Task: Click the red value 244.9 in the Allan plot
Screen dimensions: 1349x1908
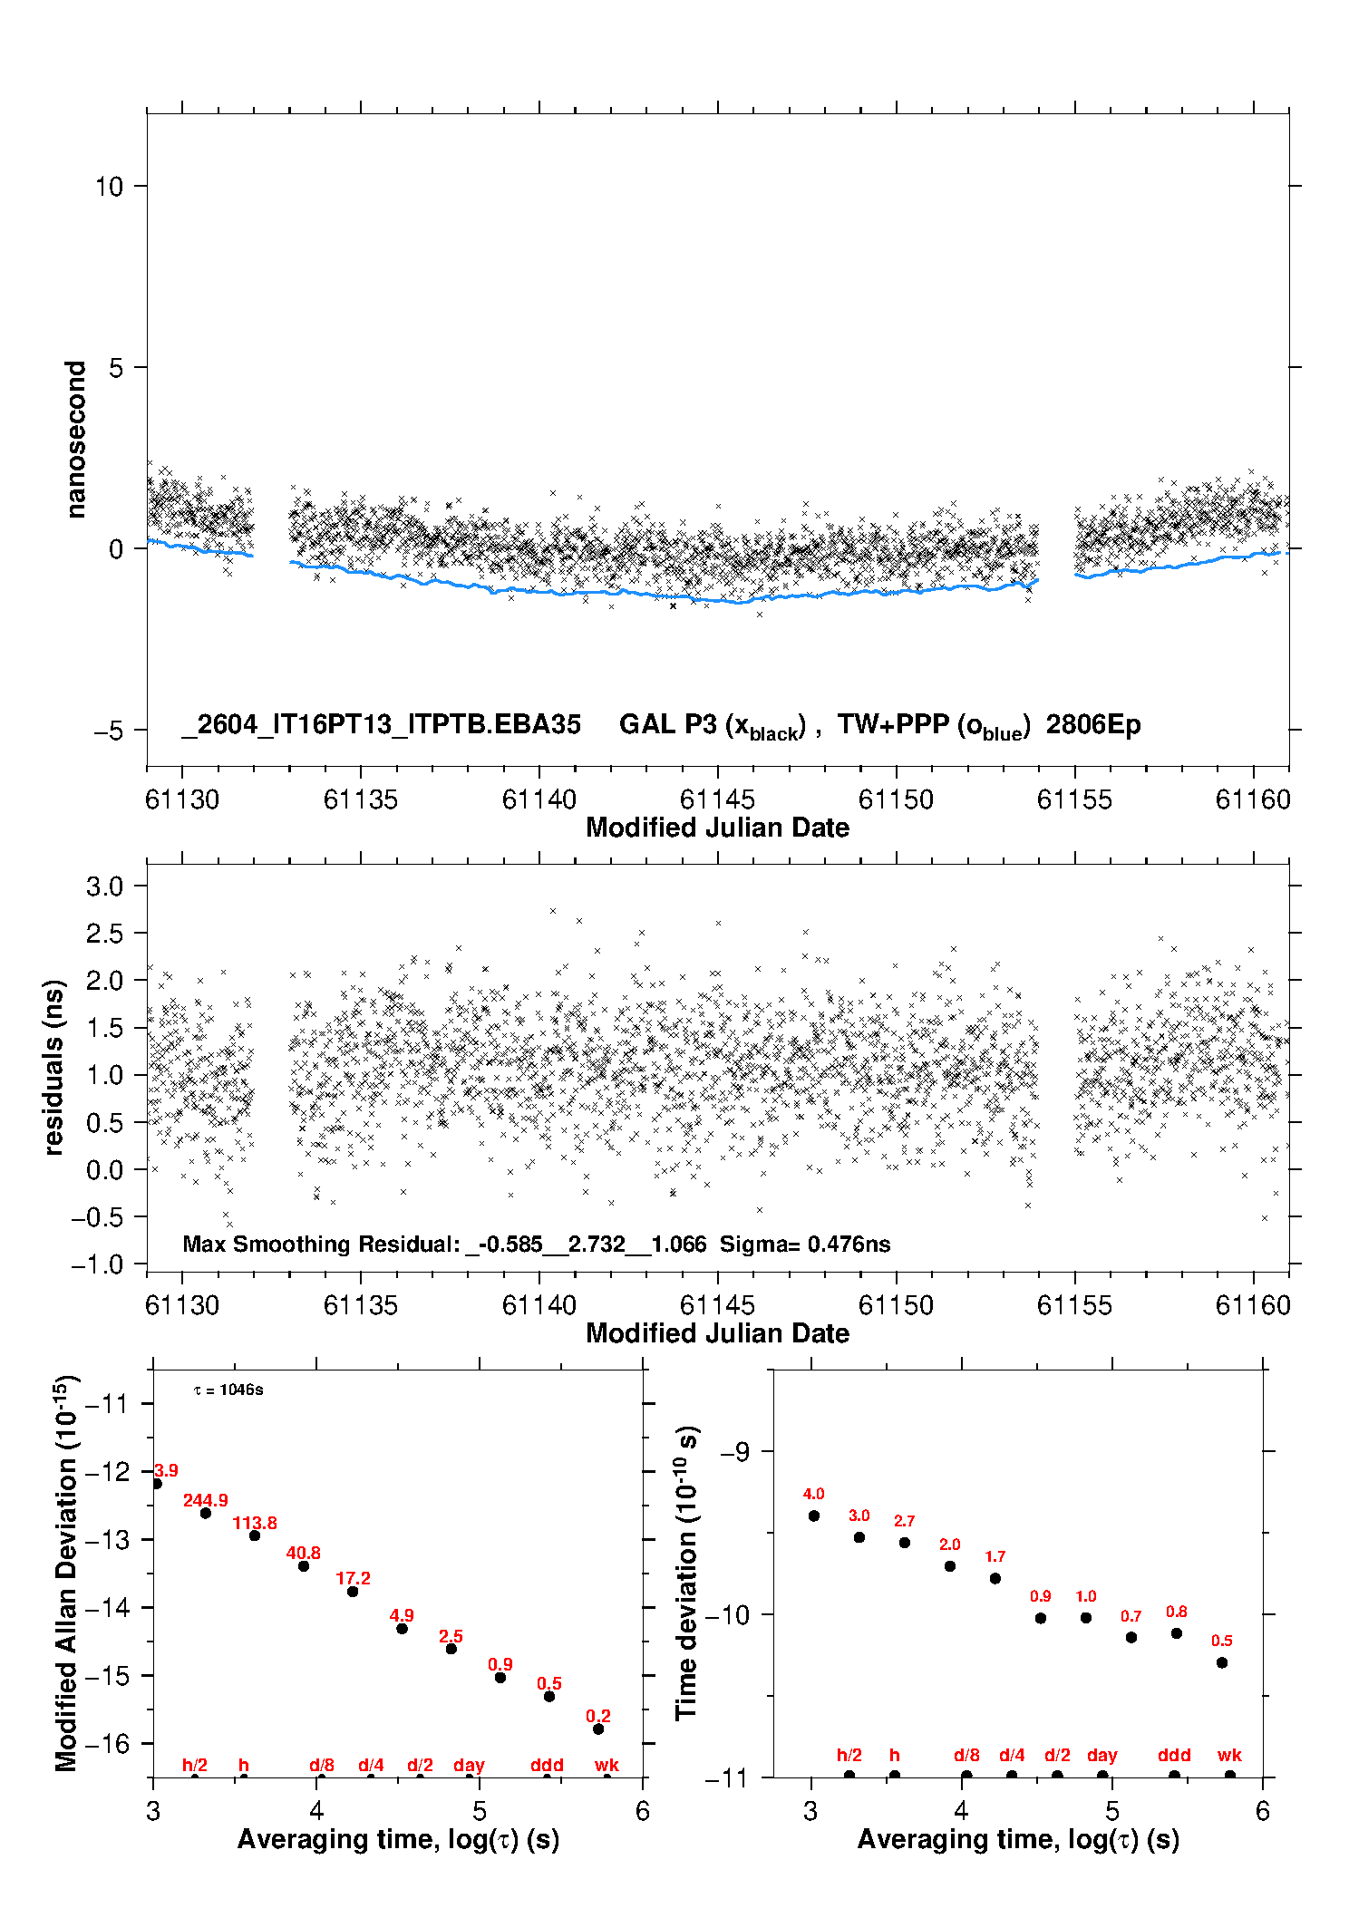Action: point(206,1500)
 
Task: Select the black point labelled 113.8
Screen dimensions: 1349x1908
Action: point(255,1535)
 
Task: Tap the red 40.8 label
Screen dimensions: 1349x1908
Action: point(304,1553)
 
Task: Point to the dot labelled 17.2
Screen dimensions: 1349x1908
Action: point(353,1592)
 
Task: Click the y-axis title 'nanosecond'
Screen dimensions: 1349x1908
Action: point(76,440)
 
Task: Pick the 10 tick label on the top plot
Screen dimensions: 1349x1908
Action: point(109,187)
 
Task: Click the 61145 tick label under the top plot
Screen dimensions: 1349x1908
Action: point(717,799)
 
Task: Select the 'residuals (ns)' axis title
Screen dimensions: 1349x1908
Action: point(54,1067)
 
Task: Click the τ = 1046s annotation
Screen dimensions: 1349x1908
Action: point(228,1390)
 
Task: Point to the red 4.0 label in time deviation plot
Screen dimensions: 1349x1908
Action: point(813,1494)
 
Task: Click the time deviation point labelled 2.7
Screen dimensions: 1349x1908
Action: point(905,1543)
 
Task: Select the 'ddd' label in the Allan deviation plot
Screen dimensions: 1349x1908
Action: point(547,1765)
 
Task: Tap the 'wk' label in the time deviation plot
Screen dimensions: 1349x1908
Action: point(1229,1755)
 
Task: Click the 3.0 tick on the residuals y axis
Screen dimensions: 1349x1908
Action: point(104,886)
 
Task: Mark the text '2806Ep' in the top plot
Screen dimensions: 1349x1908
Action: point(1093,724)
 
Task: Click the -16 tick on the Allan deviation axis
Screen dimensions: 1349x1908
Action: point(106,1743)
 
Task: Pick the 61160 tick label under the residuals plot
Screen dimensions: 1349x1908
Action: point(1253,1305)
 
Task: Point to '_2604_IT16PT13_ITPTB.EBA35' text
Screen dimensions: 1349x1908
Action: point(381,724)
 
